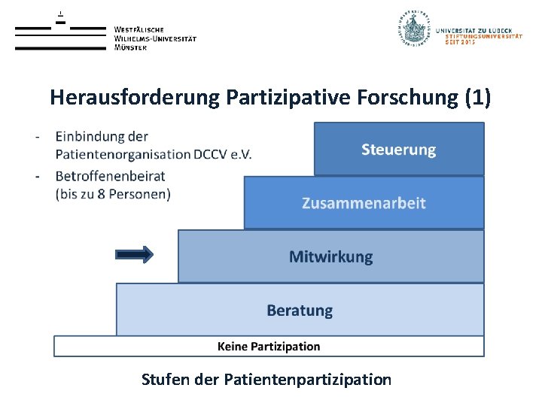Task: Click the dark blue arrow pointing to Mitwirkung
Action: point(135,255)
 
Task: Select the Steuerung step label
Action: point(398,150)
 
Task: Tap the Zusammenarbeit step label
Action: point(364,203)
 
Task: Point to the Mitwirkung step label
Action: point(330,256)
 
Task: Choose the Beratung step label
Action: point(299,310)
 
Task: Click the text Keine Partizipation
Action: point(269,347)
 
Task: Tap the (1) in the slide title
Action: point(477,97)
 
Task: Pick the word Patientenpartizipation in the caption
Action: point(308,379)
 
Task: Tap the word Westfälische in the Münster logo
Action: point(139,29)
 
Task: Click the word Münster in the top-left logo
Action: point(131,47)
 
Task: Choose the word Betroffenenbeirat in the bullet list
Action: point(110,176)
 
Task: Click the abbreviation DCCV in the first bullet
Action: point(213,155)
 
